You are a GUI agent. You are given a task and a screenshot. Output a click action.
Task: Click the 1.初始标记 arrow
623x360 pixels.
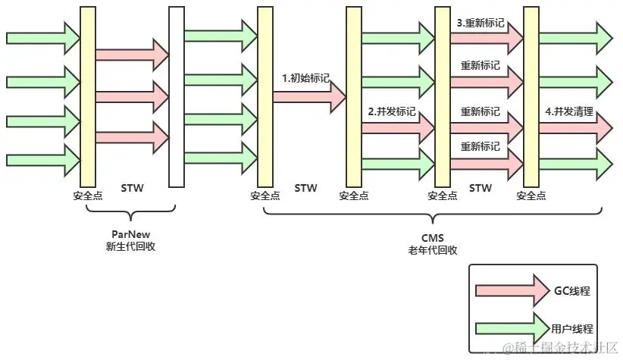[307, 95]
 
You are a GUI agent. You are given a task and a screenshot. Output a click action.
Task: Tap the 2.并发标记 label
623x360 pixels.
[392, 111]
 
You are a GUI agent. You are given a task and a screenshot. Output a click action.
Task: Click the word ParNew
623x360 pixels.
[130, 233]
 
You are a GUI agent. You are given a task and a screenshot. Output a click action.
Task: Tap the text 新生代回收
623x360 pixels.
[130, 246]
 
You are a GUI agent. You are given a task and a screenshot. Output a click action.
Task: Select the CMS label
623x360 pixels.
[432, 237]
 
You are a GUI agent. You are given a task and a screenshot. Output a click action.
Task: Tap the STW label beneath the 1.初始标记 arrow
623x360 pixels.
[305, 187]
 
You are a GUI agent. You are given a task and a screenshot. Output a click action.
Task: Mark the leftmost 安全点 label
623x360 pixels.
[87, 196]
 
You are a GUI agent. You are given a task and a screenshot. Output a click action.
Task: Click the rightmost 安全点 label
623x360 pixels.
[531, 196]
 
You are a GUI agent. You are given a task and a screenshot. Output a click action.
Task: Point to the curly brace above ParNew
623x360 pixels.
[130, 216]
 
